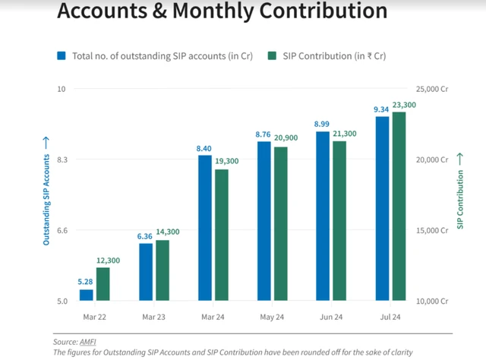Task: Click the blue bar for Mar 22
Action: pos(86,295)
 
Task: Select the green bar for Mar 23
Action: pos(162,270)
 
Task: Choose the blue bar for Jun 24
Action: pos(323,216)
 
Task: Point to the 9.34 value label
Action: pos(382,109)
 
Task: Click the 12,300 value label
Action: pos(108,261)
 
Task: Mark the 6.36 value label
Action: pos(144,236)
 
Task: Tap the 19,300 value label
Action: pos(226,162)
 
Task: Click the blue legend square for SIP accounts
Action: pos(62,55)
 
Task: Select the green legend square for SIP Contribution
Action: pos(271,55)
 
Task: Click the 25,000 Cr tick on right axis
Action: pos(433,89)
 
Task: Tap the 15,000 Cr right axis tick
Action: pos(433,230)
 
